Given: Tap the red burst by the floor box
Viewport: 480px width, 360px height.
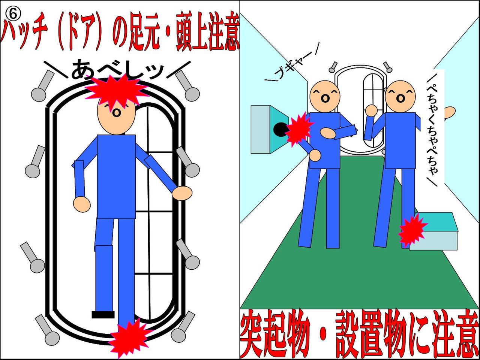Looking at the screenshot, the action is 412,232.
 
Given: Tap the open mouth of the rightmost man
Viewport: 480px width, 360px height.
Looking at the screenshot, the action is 400,99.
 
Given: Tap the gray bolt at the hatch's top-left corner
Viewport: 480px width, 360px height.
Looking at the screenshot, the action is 43,86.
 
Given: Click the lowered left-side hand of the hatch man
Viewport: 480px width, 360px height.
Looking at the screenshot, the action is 82,204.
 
